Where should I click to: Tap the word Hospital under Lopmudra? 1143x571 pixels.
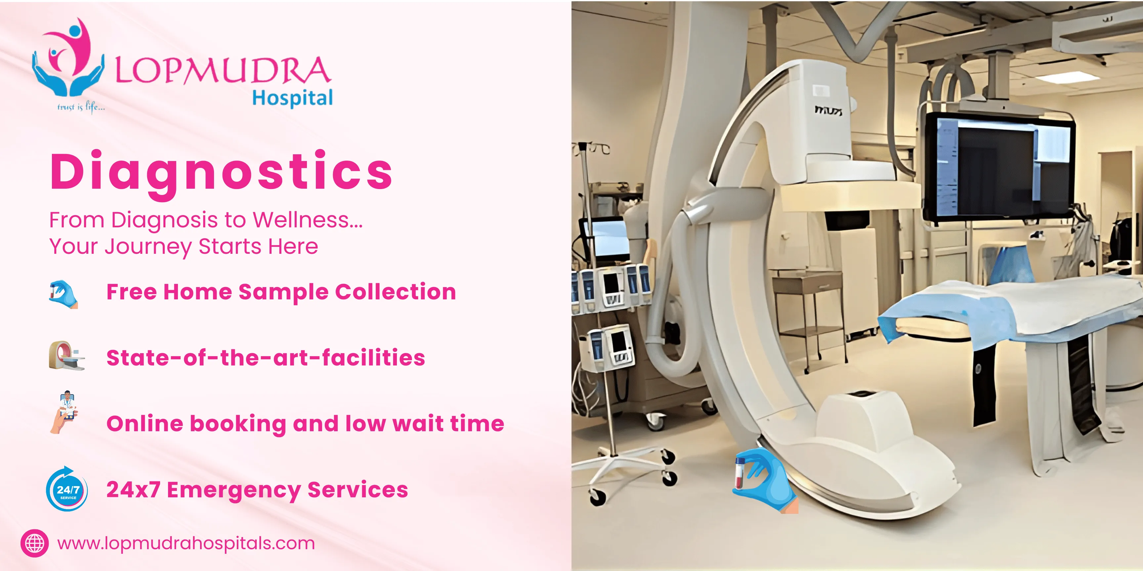(292, 97)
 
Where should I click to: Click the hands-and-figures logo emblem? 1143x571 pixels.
(69, 57)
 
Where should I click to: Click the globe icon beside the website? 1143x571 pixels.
(35, 543)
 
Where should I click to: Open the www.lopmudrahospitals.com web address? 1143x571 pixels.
(186, 543)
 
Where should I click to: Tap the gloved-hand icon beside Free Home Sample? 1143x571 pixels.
(63, 293)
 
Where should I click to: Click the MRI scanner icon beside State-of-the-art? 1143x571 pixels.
(66, 356)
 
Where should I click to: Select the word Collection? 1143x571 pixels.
(395, 292)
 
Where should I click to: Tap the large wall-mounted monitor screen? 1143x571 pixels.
(998, 169)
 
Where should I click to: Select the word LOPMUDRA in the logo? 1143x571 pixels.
(222, 71)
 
